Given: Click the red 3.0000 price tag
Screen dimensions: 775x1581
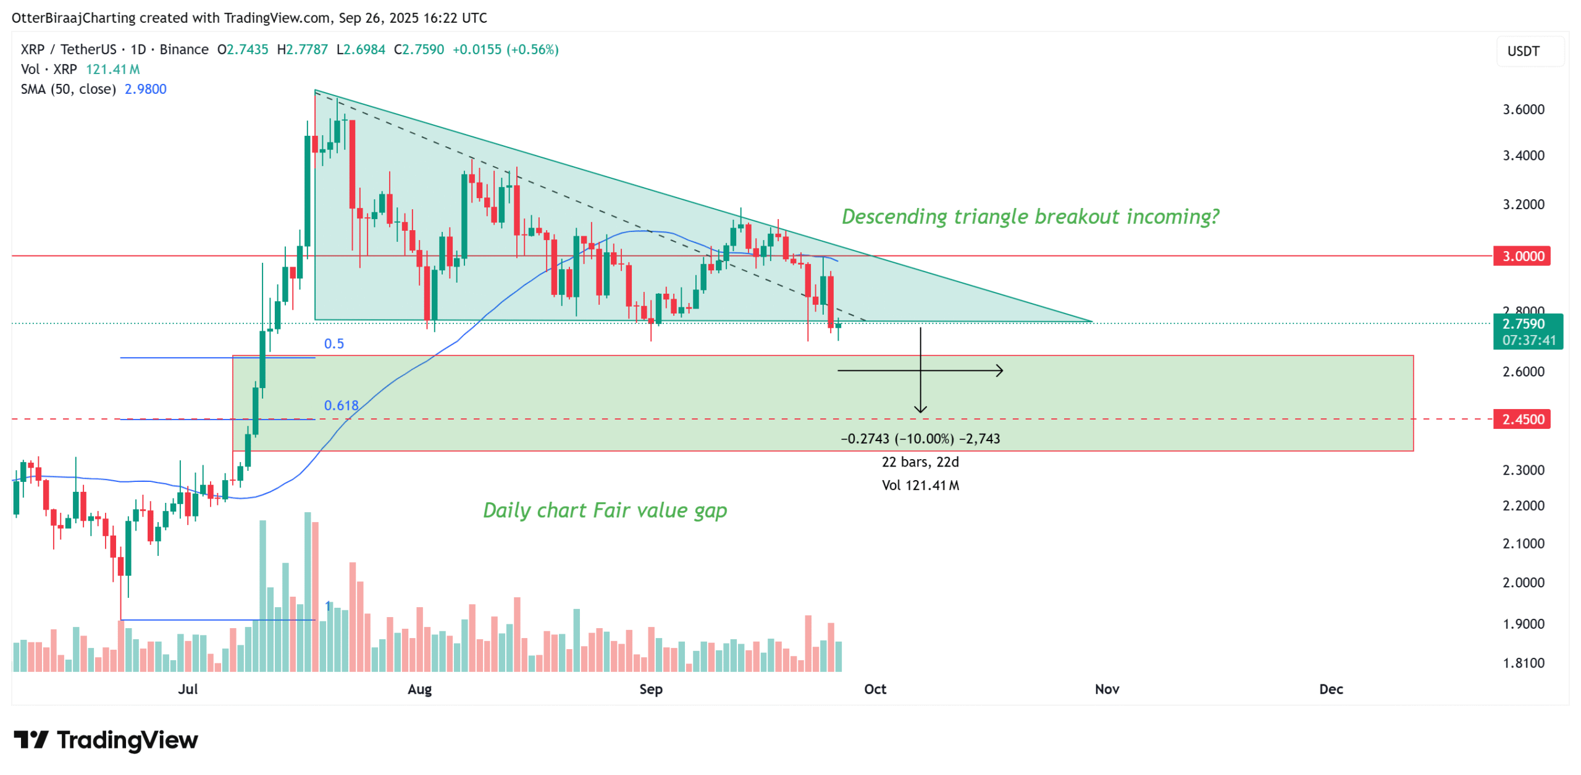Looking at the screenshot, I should point(1521,255).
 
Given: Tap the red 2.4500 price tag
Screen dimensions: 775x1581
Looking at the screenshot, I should point(1521,419).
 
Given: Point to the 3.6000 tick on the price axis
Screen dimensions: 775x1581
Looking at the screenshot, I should point(1522,109).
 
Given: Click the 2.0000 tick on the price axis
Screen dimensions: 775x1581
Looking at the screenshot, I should point(1522,582).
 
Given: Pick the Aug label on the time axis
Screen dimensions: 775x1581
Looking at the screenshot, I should point(419,689).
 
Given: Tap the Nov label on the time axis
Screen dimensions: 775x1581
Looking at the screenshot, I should point(1106,689).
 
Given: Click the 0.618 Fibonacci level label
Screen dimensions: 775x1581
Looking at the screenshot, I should point(341,405).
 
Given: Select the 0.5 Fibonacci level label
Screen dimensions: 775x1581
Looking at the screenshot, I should point(333,343).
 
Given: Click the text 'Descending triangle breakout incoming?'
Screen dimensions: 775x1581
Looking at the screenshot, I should point(1030,216).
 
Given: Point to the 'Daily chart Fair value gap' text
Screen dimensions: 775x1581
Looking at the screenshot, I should point(604,510).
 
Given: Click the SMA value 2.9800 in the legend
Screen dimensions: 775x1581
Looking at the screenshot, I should point(145,89).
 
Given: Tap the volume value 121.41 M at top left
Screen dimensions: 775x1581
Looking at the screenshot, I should point(112,69).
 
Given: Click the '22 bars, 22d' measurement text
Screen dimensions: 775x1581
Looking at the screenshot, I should point(920,462).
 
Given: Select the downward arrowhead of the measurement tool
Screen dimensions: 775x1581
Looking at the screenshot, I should point(920,410).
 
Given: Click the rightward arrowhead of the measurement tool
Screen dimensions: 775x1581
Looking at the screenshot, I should point(1000,370).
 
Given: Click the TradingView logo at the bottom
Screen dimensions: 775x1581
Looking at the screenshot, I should point(106,739).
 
